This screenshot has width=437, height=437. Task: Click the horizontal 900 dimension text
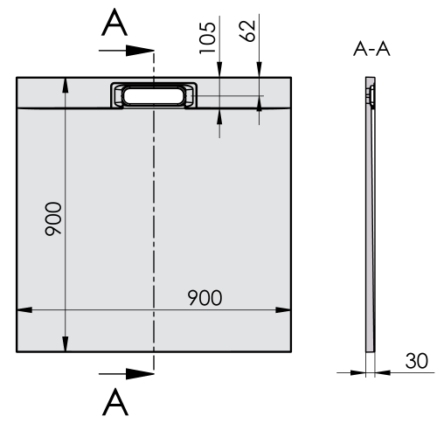pos(205,297)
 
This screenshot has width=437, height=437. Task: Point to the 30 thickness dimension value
pos(415,361)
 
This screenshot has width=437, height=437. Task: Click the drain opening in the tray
pos(154,95)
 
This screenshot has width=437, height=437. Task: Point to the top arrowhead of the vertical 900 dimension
pos(65,85)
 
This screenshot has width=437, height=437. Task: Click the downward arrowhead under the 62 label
pos(260,89)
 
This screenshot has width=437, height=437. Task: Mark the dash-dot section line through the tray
pos(154,218)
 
